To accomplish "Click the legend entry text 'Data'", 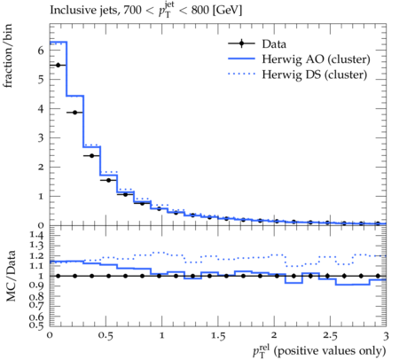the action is tap(274, 44).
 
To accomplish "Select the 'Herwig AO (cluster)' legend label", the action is tap(316, 59).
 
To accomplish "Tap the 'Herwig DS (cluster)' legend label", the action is tap(315, 74).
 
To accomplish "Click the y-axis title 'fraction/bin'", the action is tap(8, 56).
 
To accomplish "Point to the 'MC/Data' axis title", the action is tap(11, 276).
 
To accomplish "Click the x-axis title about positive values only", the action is tap(319, 351).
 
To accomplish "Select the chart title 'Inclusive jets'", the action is tap(83, 11).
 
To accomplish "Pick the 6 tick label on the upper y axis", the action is tap(41, 51).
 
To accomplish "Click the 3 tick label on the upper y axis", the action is tap(41, 137).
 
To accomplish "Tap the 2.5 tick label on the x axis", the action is tap(330, 336).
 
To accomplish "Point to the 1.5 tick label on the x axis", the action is tap(218, 336).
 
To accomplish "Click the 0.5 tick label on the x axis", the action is tap(106, 336).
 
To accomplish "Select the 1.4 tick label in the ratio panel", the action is tap(36, 235).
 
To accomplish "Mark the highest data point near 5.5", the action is tap(58, 65).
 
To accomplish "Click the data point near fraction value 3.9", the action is tap(74, 113).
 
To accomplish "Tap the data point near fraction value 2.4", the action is tap(91, 155).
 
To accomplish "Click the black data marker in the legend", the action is tap(241, 43).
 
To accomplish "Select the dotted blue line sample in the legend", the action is tap(241, 74).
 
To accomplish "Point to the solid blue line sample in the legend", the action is tap(241, 59).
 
